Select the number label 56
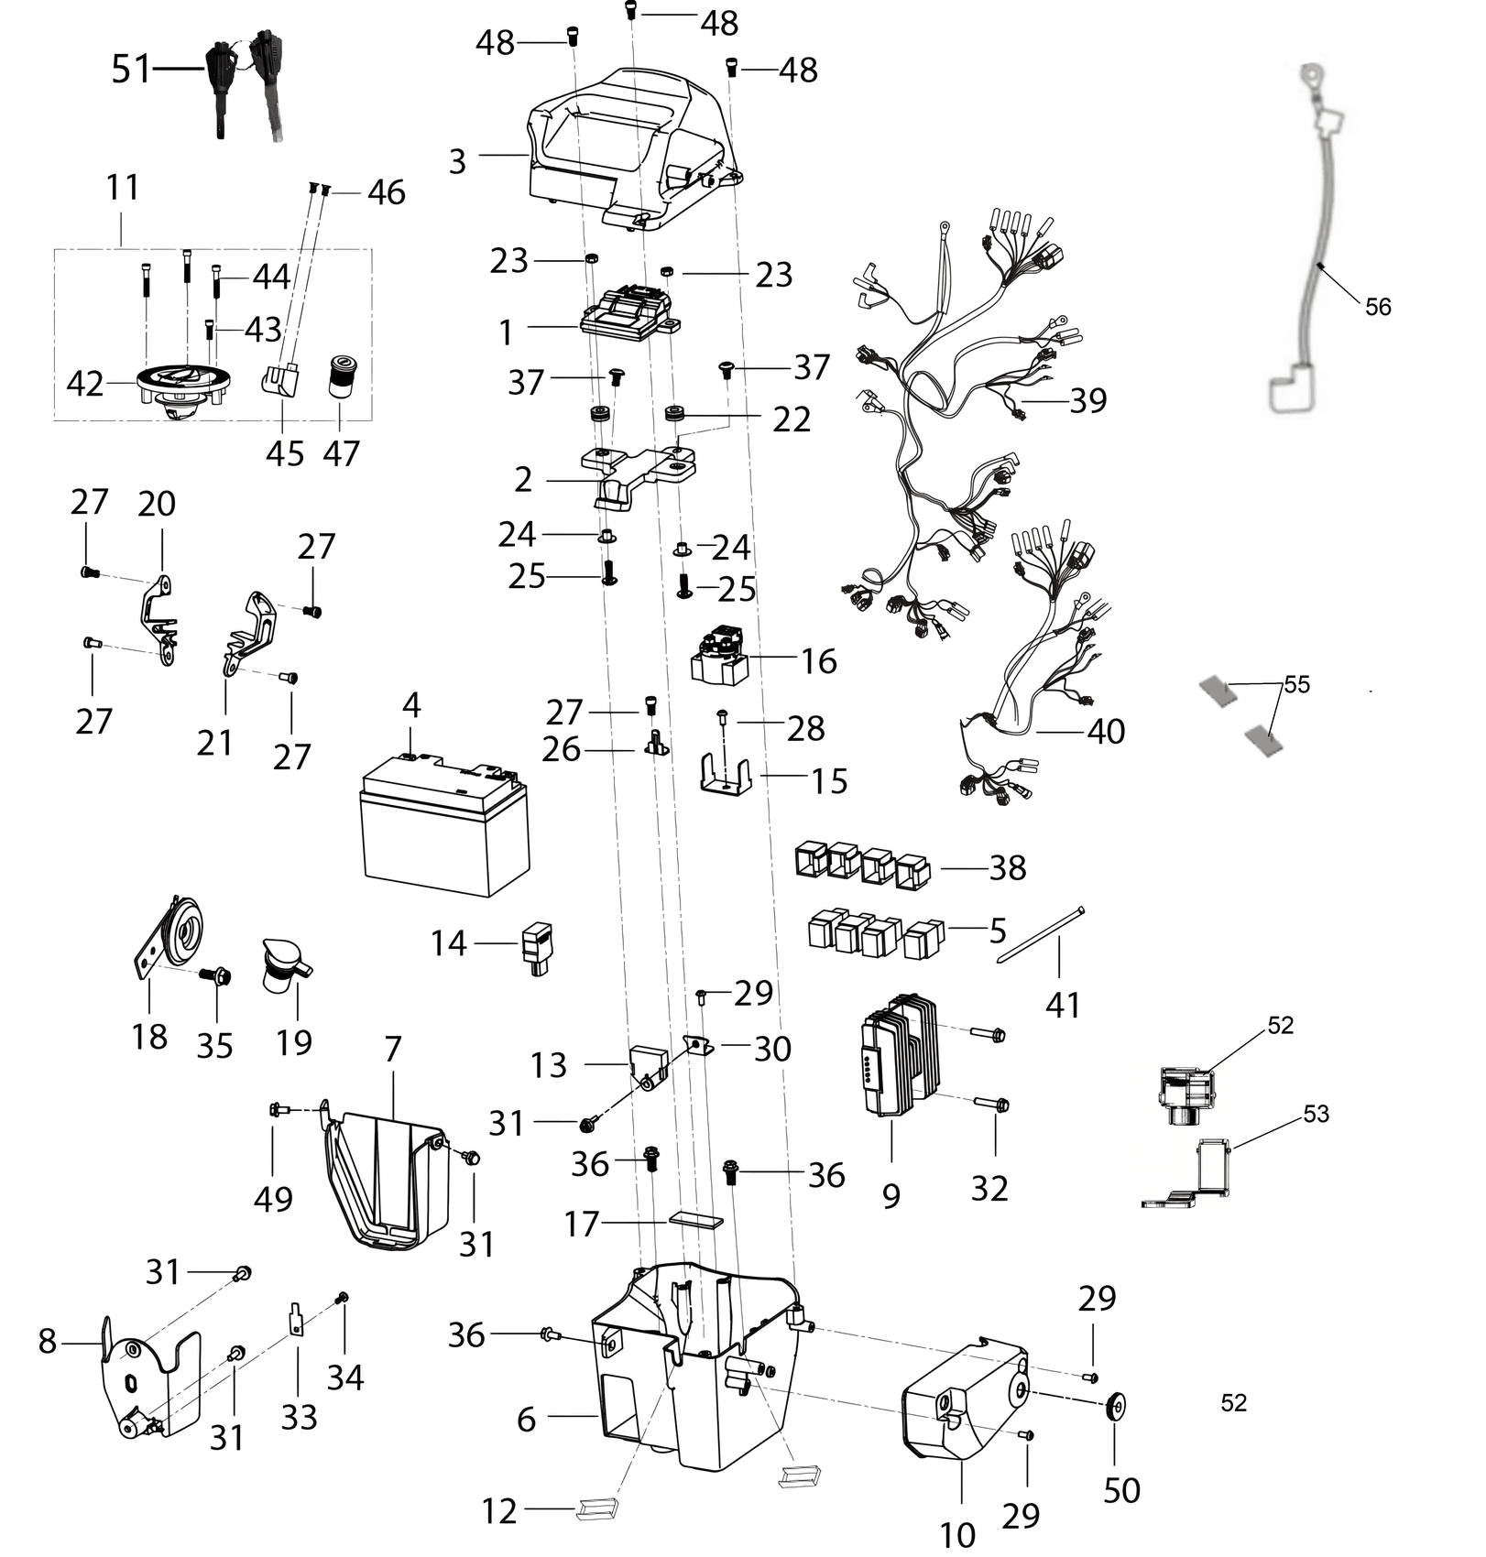pyautogui.click(x=1378, y=307)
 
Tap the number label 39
pyautogui.click(x=1088, y=400)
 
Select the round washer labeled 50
pyautogui.click(x=1117, y=1405)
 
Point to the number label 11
pyautogui.click(x=123, y=187)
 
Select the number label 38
pyautogui.click(x=1008, y=868)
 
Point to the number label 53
pyautogui.click(x=1316, y=1114)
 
